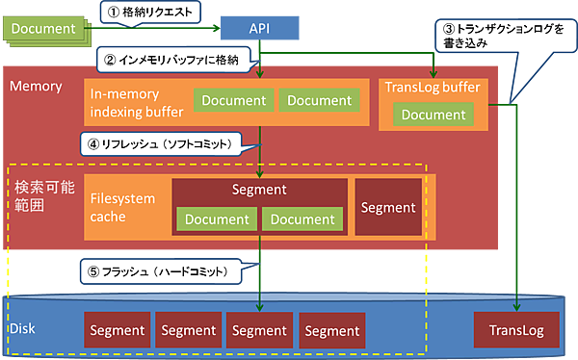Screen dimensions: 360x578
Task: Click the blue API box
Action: (x=260, y=28)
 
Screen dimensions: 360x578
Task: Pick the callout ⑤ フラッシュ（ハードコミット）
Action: (x=164, y=272)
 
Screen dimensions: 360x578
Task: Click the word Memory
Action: (x=36, y=87)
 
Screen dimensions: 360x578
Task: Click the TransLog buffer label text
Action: (x=432, y=88)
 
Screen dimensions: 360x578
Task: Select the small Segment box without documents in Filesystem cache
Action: (x=388, y=207)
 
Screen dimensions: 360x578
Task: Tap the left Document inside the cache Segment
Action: (x=216, y=220)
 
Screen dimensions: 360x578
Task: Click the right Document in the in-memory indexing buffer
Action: (x=319, y=100)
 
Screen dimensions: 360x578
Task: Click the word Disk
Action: (x=24, y=329)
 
